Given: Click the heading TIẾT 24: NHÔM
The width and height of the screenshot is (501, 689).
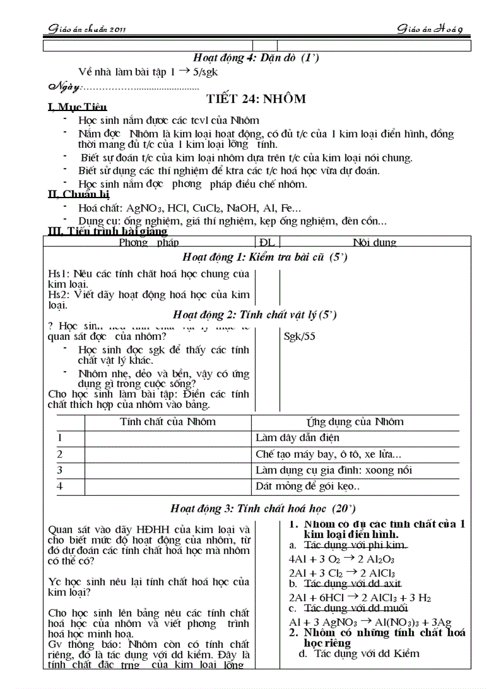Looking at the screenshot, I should click(256, 99).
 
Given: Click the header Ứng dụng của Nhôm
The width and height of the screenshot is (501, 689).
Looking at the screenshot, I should click(355, 421).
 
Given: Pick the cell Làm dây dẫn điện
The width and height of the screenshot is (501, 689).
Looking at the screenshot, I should click(297, 438).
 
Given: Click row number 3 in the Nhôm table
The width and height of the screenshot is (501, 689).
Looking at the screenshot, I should click(60, 470).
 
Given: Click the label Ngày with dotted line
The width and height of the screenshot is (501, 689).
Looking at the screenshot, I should click(123, 86).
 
